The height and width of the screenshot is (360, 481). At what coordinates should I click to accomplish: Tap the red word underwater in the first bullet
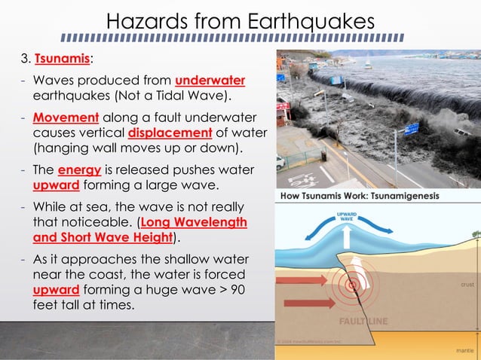point(210,81)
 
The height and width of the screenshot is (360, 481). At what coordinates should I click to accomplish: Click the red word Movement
point(66,118)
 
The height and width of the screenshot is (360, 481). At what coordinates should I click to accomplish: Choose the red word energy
point(79,169)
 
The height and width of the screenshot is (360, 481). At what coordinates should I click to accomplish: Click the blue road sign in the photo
point(411,129)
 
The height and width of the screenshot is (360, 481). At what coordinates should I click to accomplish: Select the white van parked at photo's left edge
point(280,163)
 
